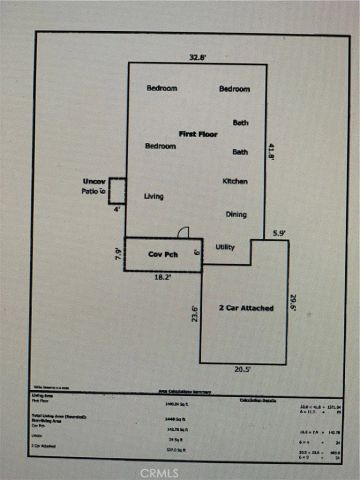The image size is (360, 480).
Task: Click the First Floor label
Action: coord(199,133)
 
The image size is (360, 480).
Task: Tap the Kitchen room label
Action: coord(235,181)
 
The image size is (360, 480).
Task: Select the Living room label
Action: coord(153,196)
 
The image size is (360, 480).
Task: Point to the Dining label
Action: coord(236,214)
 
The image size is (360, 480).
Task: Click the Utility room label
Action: coord(225,246)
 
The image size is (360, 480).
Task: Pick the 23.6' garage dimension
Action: coord(194,315)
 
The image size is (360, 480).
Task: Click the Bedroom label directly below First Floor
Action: coord(161,146)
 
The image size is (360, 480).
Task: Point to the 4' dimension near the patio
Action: coord(116,209)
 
